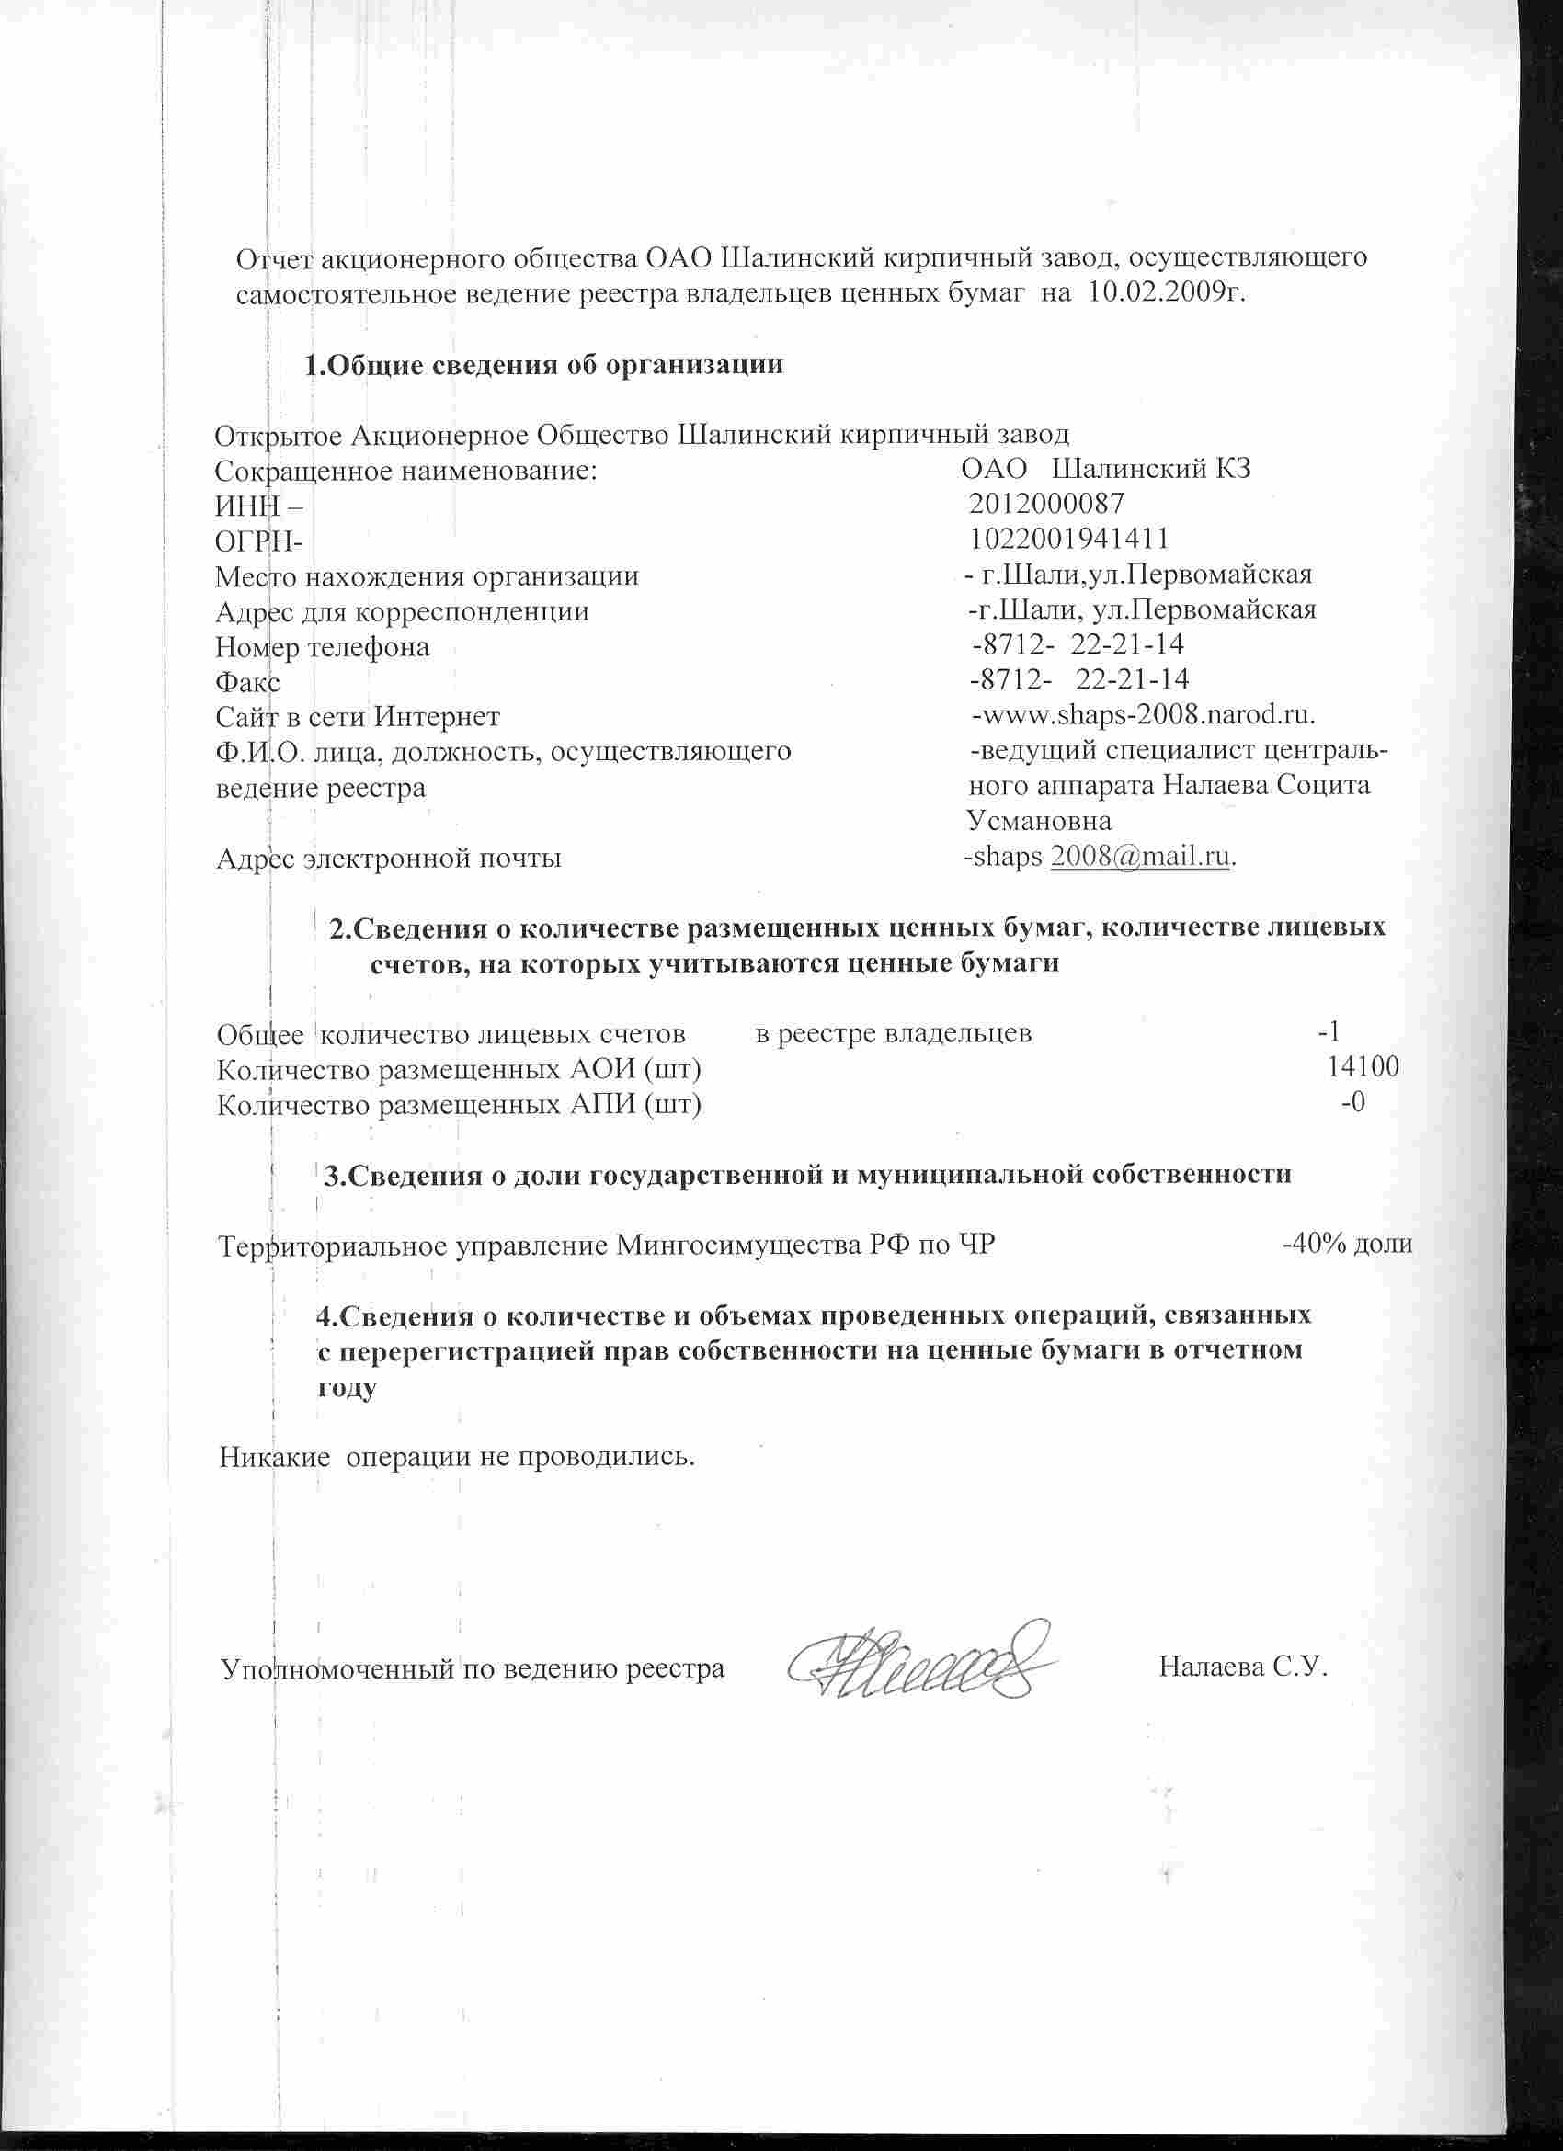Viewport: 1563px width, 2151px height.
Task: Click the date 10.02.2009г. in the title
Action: (1166, 292)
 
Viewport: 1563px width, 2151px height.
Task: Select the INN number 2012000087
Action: (1047, 503)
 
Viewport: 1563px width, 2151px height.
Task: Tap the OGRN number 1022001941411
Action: (1068, 539)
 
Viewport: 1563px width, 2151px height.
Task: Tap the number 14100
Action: (1363, 1067)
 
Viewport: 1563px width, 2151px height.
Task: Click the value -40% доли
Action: (1347, 1245)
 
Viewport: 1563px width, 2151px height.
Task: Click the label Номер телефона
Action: (323, 648)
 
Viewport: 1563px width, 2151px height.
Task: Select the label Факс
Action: (247, 683)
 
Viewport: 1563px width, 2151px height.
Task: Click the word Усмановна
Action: (1039, 820)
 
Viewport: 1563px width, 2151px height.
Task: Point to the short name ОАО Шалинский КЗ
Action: (1105, 469)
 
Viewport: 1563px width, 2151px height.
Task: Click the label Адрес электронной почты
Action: (389, 859)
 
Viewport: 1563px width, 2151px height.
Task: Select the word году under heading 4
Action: (347, 1387)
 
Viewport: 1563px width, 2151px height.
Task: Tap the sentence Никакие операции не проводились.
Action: (457, 1456)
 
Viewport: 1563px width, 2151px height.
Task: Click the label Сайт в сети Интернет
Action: (358, 716)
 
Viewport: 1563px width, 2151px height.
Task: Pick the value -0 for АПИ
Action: (1353, 1103)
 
